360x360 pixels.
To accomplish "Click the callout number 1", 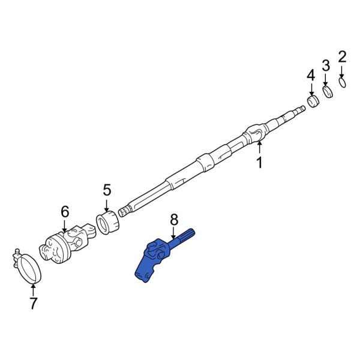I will [x=260, y=162].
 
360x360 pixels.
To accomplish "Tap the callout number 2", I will [x=343, y=58].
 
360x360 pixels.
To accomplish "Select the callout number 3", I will [x=326, y=65].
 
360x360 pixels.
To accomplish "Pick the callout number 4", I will [x=310, y=75].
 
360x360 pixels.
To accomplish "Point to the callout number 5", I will [x=107, y=190].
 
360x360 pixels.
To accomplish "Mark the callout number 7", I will [x=34, y=303].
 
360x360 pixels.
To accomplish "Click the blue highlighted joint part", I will [x=155, y=257].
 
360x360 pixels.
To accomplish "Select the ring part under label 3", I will [x=328, y=92].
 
